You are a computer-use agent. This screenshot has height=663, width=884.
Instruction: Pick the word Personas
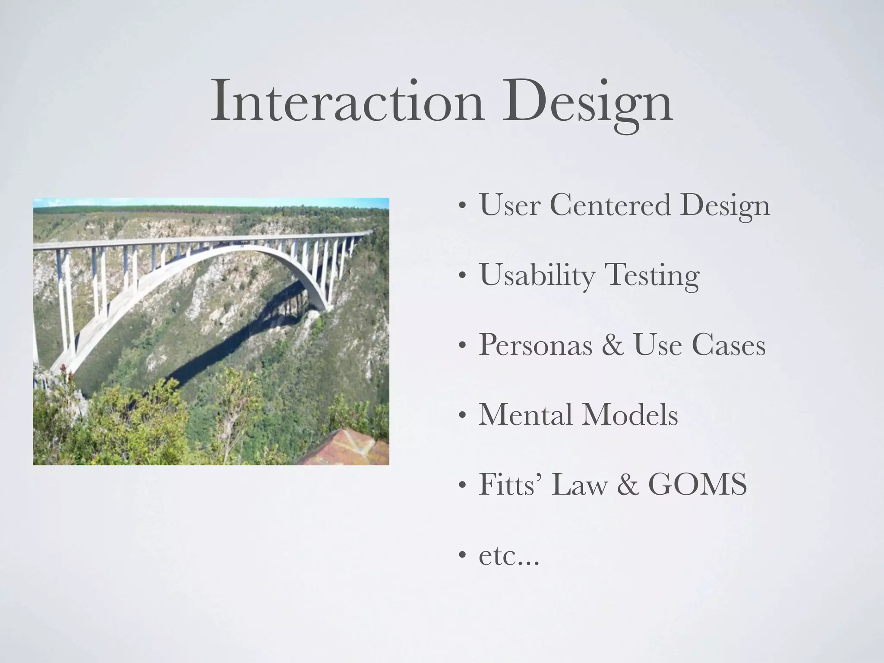coord(535,345)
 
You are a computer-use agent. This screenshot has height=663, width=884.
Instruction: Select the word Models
coord(630,415)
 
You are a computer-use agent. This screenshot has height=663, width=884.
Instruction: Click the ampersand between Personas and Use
coord(612,346)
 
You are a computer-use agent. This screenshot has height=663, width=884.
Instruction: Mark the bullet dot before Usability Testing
coord(462,277)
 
